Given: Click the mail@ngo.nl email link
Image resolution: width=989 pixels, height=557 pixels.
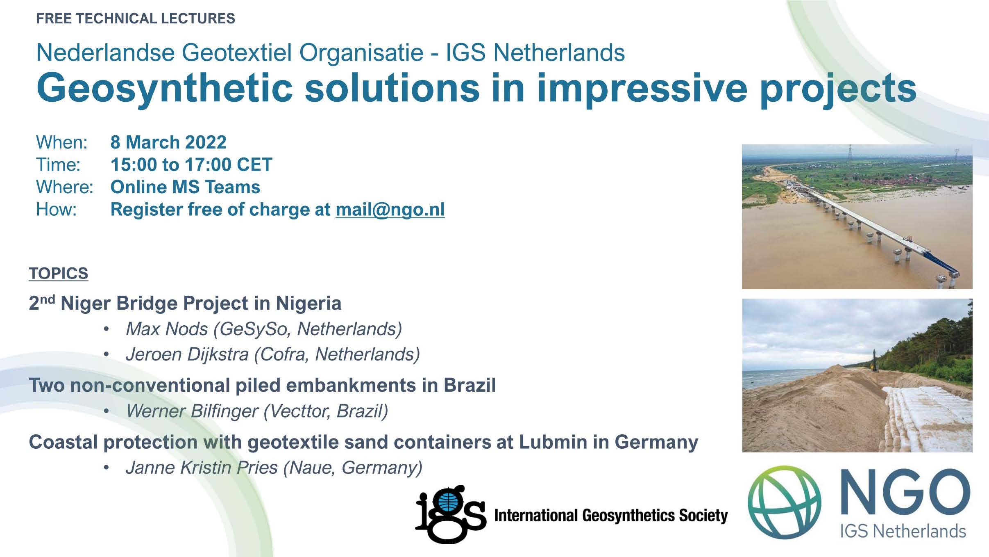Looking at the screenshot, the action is click(x=390, y=210).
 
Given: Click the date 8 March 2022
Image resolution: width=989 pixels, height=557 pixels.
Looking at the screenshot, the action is click(x=168, y=142).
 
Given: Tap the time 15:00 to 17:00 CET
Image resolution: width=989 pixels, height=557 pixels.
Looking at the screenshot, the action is click(x=191, y=165).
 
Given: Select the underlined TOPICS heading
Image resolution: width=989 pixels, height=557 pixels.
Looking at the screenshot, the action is click(x=59, y=273).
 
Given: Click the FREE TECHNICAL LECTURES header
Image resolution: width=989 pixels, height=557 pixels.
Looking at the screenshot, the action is click(x=136, y=18).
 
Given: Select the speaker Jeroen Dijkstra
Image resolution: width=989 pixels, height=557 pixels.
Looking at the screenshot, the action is click(x=187, y=354).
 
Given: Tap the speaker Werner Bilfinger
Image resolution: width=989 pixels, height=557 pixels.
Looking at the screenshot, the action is click(x=192, y=411).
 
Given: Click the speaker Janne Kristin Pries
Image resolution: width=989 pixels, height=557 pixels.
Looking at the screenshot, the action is click(x=202, y=468).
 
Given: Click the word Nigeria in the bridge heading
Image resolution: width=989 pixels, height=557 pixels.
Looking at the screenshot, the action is click(x=308, y=304).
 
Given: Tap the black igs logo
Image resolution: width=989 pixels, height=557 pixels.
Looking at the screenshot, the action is click(x=450, y=514).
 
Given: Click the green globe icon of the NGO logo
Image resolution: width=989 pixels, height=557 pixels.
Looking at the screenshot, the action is click(x=784, y=502).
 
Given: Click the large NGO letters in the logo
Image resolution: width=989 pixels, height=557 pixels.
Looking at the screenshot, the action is click(x=905, y=493).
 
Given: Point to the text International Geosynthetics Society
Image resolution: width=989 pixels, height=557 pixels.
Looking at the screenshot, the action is click(x=611, y=516).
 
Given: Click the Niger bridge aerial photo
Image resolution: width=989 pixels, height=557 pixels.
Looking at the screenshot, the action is click(x=857, y=217).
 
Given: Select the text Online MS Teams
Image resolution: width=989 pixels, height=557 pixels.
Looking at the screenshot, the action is click(x=185, y=187).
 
